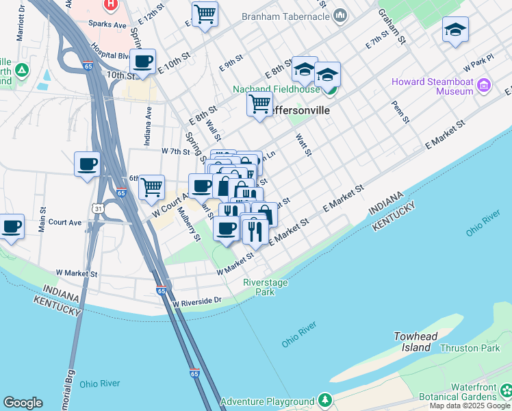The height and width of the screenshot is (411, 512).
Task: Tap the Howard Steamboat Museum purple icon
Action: pyautogui.click(x=485, y=85)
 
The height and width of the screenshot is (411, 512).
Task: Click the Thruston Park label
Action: pyautogui.click(x=470, y=348)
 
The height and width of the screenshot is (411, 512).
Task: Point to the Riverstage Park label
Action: pyautogui.click(x=266, y=287)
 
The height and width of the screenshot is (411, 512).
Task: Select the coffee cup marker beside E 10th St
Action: pyautogui.click(x=143, y=62)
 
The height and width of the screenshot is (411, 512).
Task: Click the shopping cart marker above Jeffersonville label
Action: pyautogui.click(x=259, y=104)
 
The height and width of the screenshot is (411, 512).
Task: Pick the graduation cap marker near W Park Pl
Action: pyautogui.click(x=455, y=29)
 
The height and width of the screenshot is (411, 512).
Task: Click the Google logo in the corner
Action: pyautogui.click(x=23, y=403)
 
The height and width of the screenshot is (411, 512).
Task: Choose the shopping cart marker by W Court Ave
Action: pyautogui.click(x=151, y=186)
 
